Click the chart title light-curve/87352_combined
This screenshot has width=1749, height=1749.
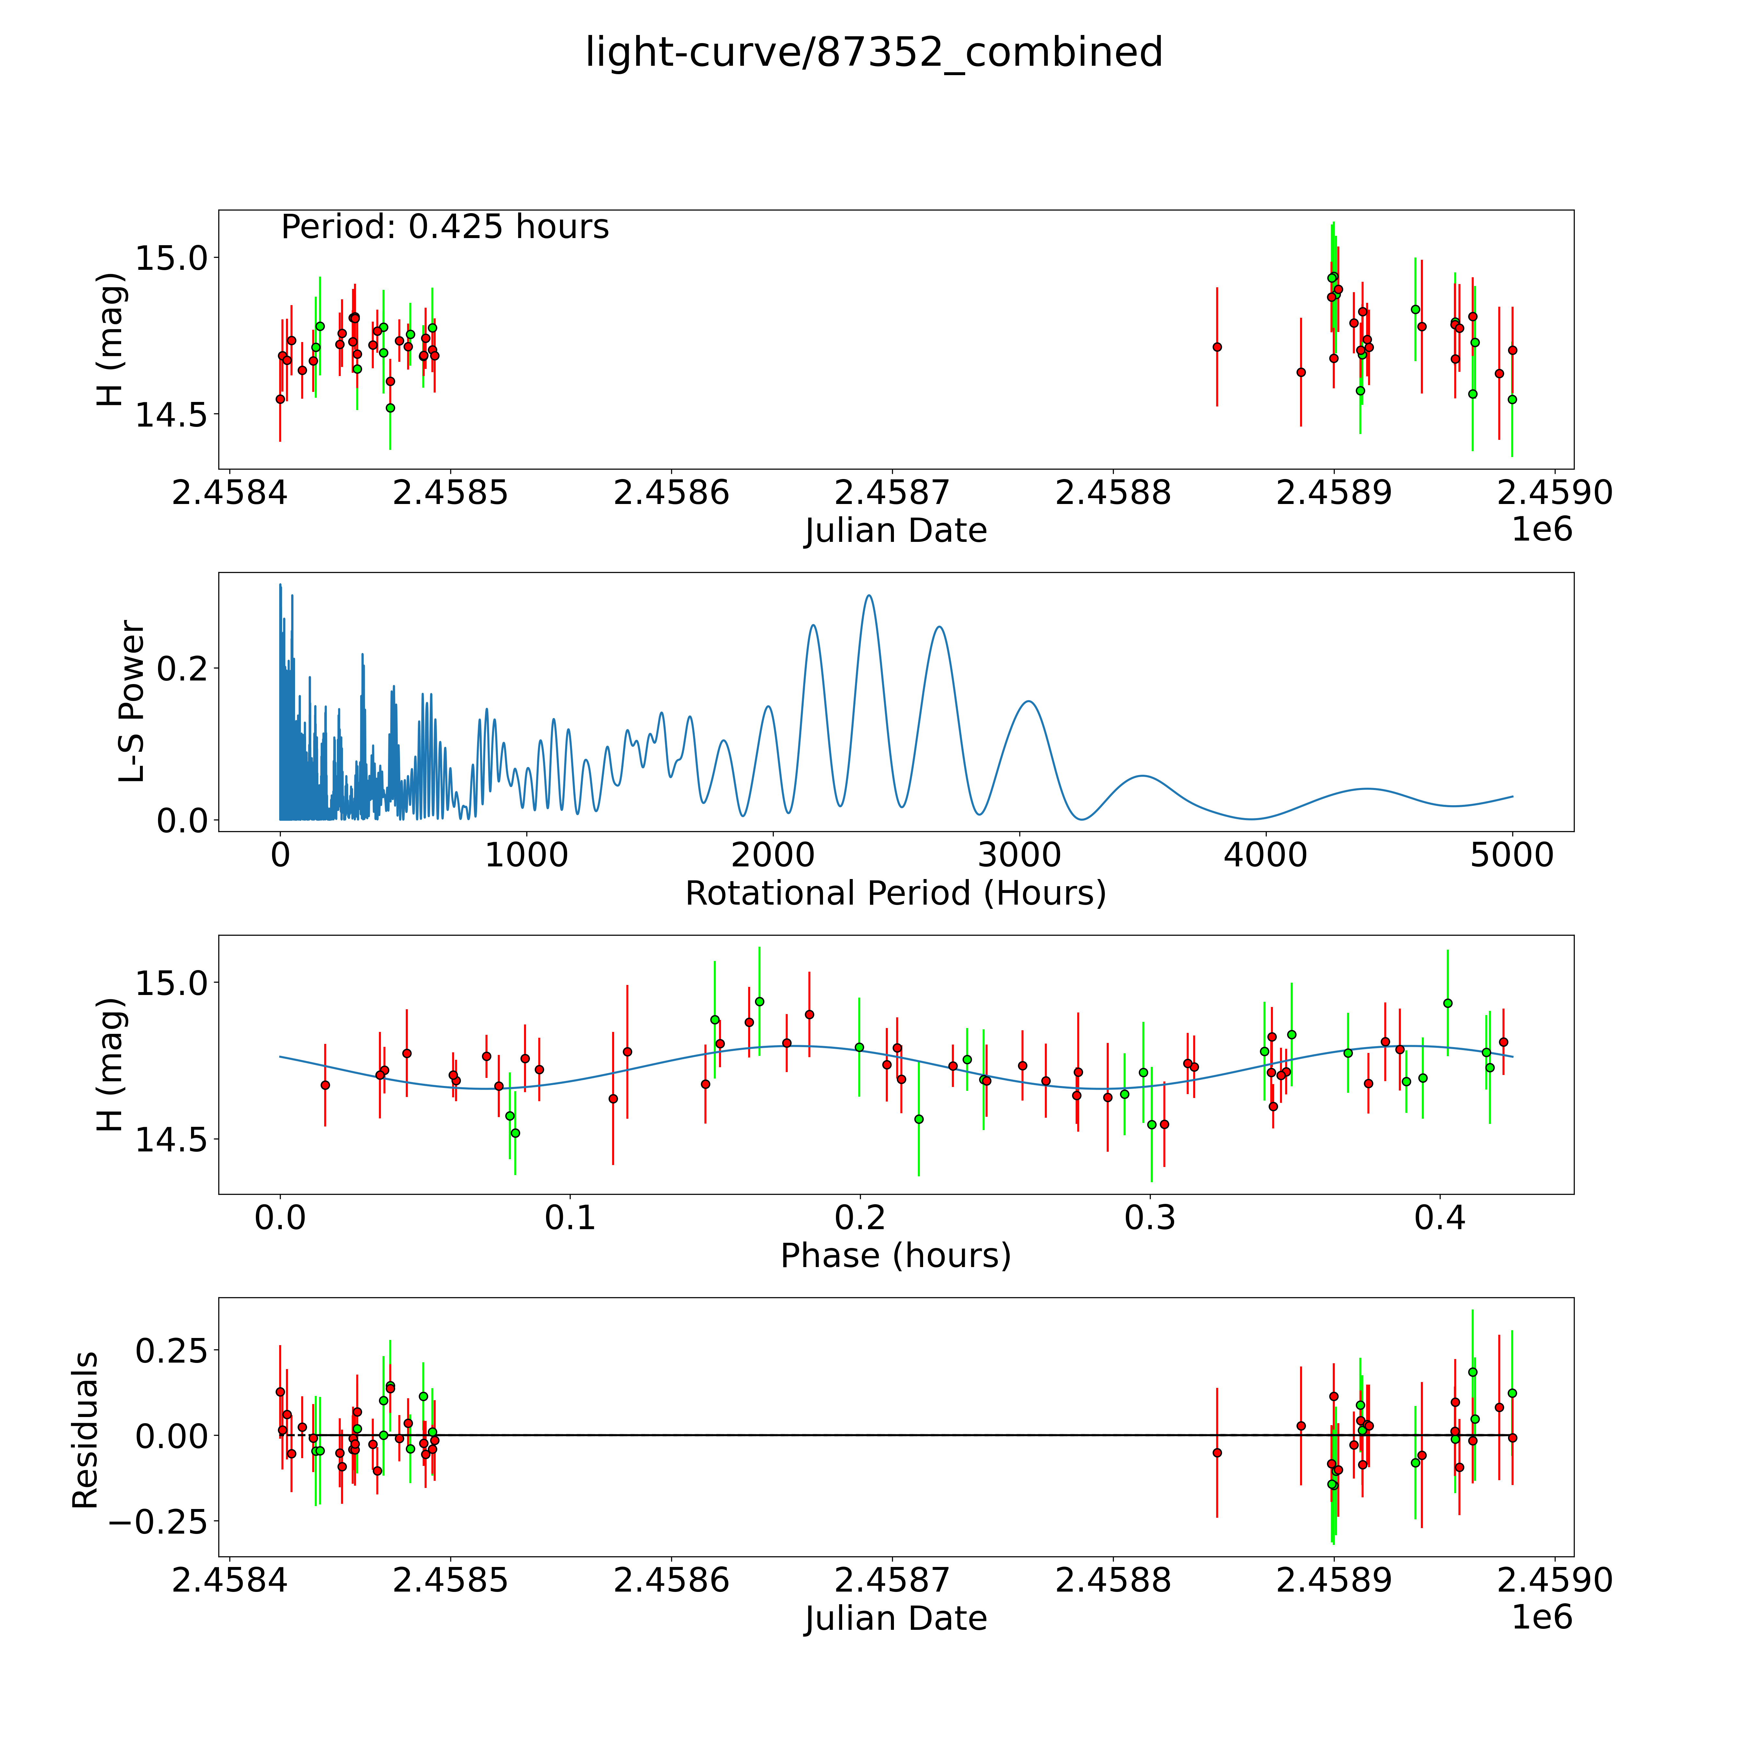pyautogui.click(x=874, y=52)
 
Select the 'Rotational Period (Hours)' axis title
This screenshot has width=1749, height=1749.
pyautogui.click(x=895, y=894)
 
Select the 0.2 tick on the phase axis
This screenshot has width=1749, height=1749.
pyautogui.click(x=860, y=1217)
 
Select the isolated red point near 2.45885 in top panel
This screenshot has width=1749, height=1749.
pyautogui.click(x=1217, y=347)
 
